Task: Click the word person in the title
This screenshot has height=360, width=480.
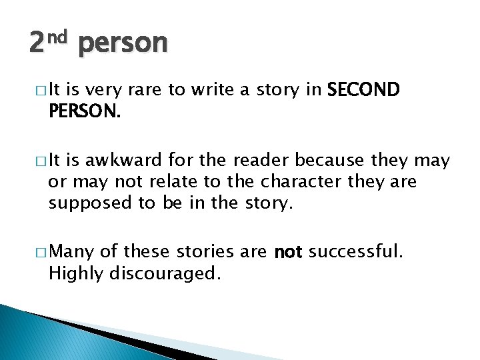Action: (x=123, y=44)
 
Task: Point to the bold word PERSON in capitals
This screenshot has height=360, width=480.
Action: (x=84, y=112)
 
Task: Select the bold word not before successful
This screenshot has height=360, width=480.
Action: (x=289, y=252)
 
